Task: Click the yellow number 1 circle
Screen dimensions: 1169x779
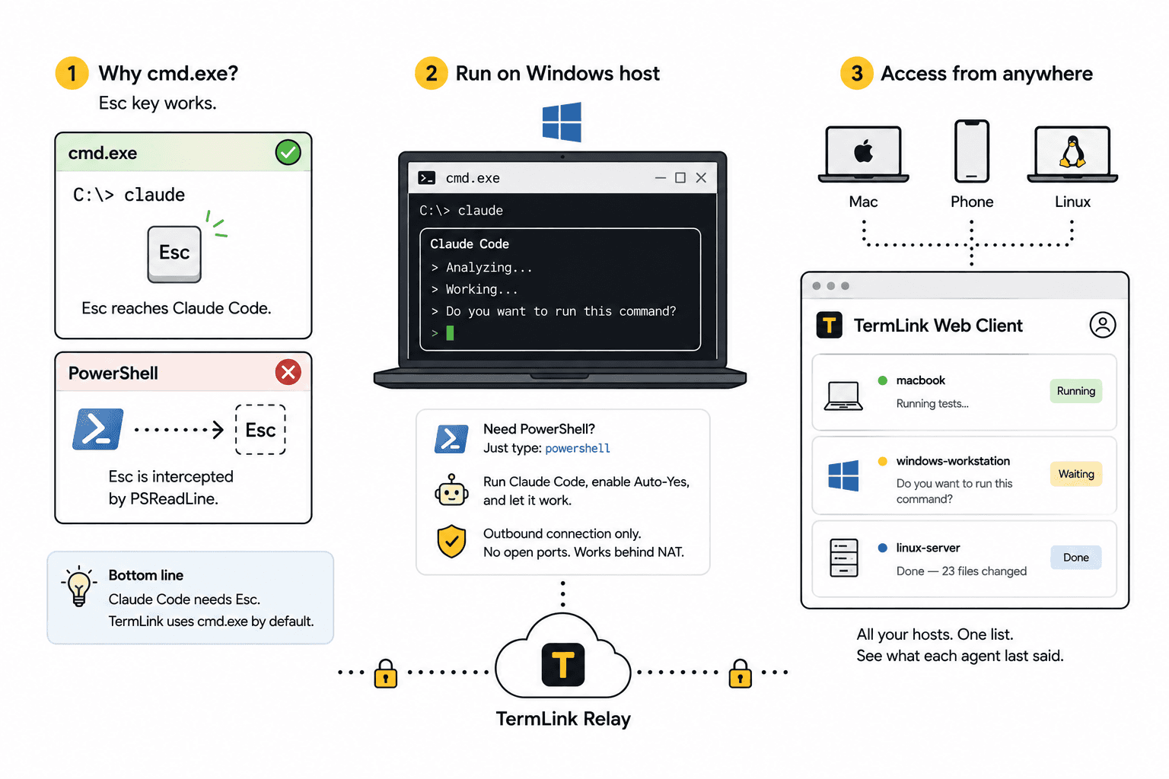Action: coord(72,73)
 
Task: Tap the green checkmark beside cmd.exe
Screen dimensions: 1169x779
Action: coord(288,152)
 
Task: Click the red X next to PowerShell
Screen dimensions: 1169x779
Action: coord(288,372)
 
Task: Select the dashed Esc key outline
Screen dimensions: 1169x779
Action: coord(260,429)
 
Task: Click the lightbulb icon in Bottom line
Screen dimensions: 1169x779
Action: coord(79,586)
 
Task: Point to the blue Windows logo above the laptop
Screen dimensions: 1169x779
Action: coord(562,122)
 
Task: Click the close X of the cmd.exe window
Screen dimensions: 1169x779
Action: coord(701,178)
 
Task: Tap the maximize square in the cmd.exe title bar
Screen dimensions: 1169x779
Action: coord(680,178)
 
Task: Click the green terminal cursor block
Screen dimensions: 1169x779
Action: coord(450,333)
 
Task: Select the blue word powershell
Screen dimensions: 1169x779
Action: coord(577,448)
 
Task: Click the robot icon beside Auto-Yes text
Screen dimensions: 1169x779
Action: coord(451,491)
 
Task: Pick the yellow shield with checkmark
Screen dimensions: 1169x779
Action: coord(451,542)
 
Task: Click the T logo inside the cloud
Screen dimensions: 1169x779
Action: coord(562,665)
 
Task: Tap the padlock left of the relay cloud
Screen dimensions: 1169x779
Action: coord(386,673)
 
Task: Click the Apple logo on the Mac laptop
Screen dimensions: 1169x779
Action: coord(863,152)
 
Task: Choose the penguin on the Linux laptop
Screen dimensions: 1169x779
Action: coord(1072,152)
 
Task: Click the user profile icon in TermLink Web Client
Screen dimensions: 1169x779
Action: coord(1102,325)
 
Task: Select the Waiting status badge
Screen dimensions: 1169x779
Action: coord(1076,474)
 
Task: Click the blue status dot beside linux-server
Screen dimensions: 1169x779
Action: coord(883,548)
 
